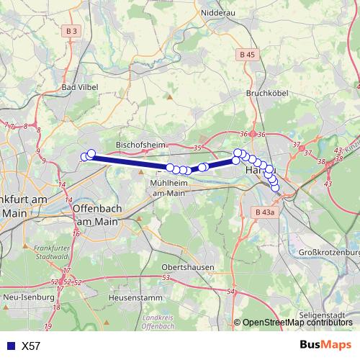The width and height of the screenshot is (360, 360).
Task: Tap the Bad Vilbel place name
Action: [x=79, y=88]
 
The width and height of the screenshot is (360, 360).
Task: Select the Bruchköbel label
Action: [x=267, y=94]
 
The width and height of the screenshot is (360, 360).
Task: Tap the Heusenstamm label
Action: [x=132, y=297]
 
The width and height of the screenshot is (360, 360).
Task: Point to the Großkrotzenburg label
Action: [x=329, y=252]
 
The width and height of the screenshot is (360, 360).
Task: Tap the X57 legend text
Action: [x=31, y=346]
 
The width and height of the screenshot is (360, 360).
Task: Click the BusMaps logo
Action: [x=323, y=345]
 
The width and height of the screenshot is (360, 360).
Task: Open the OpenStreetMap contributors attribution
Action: [x=297, y=323]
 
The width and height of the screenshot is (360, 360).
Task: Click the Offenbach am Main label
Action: [x=95, y=215]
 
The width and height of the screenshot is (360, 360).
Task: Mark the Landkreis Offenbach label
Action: [x=158, y=321]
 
